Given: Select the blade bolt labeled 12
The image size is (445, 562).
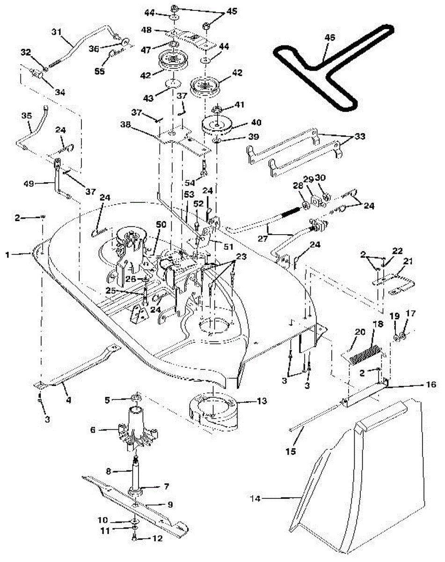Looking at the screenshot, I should click(135, 539).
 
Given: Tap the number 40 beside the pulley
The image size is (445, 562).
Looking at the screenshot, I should click(257, 122).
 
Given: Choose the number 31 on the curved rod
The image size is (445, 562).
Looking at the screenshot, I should click(56, 32).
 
